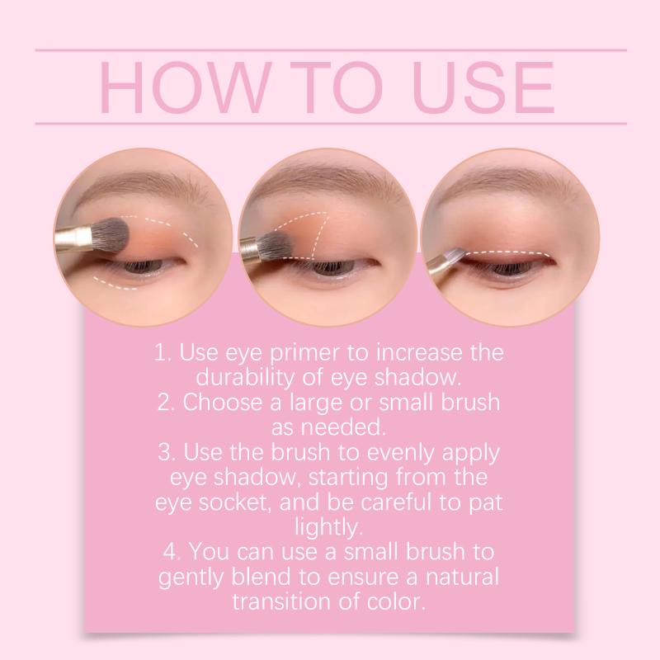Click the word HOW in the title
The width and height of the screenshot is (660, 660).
[184, 87]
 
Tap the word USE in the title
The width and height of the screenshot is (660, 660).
[483, 87]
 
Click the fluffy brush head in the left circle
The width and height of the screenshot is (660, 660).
[111, 235]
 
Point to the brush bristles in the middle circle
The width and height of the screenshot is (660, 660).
[271, 245]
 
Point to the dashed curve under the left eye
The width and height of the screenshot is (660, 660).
[115, 285]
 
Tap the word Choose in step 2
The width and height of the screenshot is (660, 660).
[223, 403]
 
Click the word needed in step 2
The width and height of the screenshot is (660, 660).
[343, 427]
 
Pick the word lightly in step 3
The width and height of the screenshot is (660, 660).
[328, 528]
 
